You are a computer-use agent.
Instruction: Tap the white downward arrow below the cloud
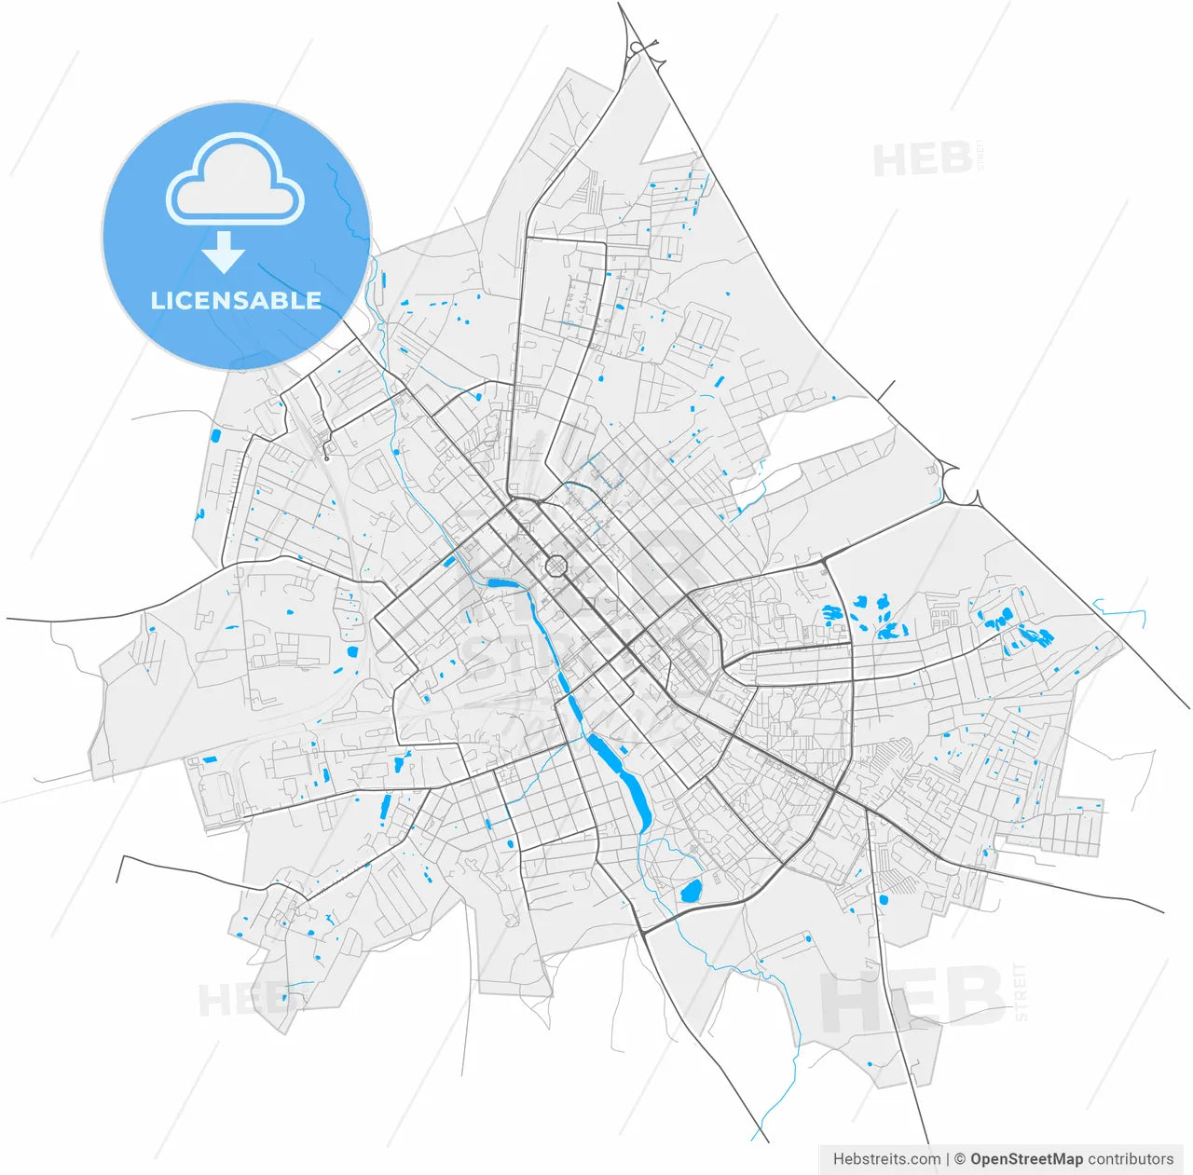224,253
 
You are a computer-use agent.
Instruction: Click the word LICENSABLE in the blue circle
236,300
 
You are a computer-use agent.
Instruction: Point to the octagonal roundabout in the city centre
556,566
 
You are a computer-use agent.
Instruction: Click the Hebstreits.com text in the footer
886,1159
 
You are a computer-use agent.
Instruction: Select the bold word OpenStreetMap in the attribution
1026,1159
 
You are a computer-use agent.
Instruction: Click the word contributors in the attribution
1131,1159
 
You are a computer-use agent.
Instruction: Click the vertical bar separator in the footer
947,1159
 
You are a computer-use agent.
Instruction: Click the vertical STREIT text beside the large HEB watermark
1020,992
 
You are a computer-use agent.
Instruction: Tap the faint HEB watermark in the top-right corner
923,160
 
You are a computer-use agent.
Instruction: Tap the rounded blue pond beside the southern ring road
691,891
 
